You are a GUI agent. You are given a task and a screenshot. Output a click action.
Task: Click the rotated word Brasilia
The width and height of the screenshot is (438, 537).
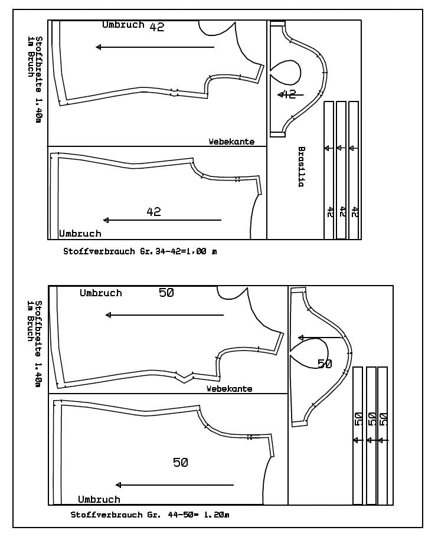point(300,167)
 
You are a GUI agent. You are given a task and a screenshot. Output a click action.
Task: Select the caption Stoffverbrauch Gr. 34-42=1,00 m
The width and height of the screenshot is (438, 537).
point(140,251)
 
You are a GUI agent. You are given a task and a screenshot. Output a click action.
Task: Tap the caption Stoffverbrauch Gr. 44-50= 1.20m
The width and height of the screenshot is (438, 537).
point(150,515)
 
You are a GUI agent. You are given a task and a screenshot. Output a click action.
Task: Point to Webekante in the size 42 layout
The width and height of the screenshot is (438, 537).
point(231,142)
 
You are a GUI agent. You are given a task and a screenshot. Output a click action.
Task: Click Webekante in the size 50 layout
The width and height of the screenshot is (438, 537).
point(230,389)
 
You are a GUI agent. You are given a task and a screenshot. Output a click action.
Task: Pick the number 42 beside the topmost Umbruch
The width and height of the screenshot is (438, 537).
point(157,27)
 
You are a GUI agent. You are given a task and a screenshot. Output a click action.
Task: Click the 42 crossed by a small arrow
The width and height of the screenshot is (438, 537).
point(288,94)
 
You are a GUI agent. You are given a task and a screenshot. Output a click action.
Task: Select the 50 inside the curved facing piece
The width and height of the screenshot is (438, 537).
point(325,364)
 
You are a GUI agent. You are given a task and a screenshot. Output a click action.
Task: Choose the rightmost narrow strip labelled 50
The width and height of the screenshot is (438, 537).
point(383,435)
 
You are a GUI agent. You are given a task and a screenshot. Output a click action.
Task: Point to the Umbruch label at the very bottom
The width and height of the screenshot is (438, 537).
point(99,499)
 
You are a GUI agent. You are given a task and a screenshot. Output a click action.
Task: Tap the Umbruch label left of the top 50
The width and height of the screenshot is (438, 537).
point(101,293)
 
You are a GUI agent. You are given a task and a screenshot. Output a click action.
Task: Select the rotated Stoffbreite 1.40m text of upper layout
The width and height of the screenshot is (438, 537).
point(39,79)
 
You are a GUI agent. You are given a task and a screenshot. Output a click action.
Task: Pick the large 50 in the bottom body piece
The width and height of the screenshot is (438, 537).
point(181,463)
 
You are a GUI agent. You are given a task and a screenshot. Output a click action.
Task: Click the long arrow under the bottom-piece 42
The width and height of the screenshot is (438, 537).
point(162,220)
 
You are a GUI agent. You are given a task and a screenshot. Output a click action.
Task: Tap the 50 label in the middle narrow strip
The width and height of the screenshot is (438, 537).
point(372,420)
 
